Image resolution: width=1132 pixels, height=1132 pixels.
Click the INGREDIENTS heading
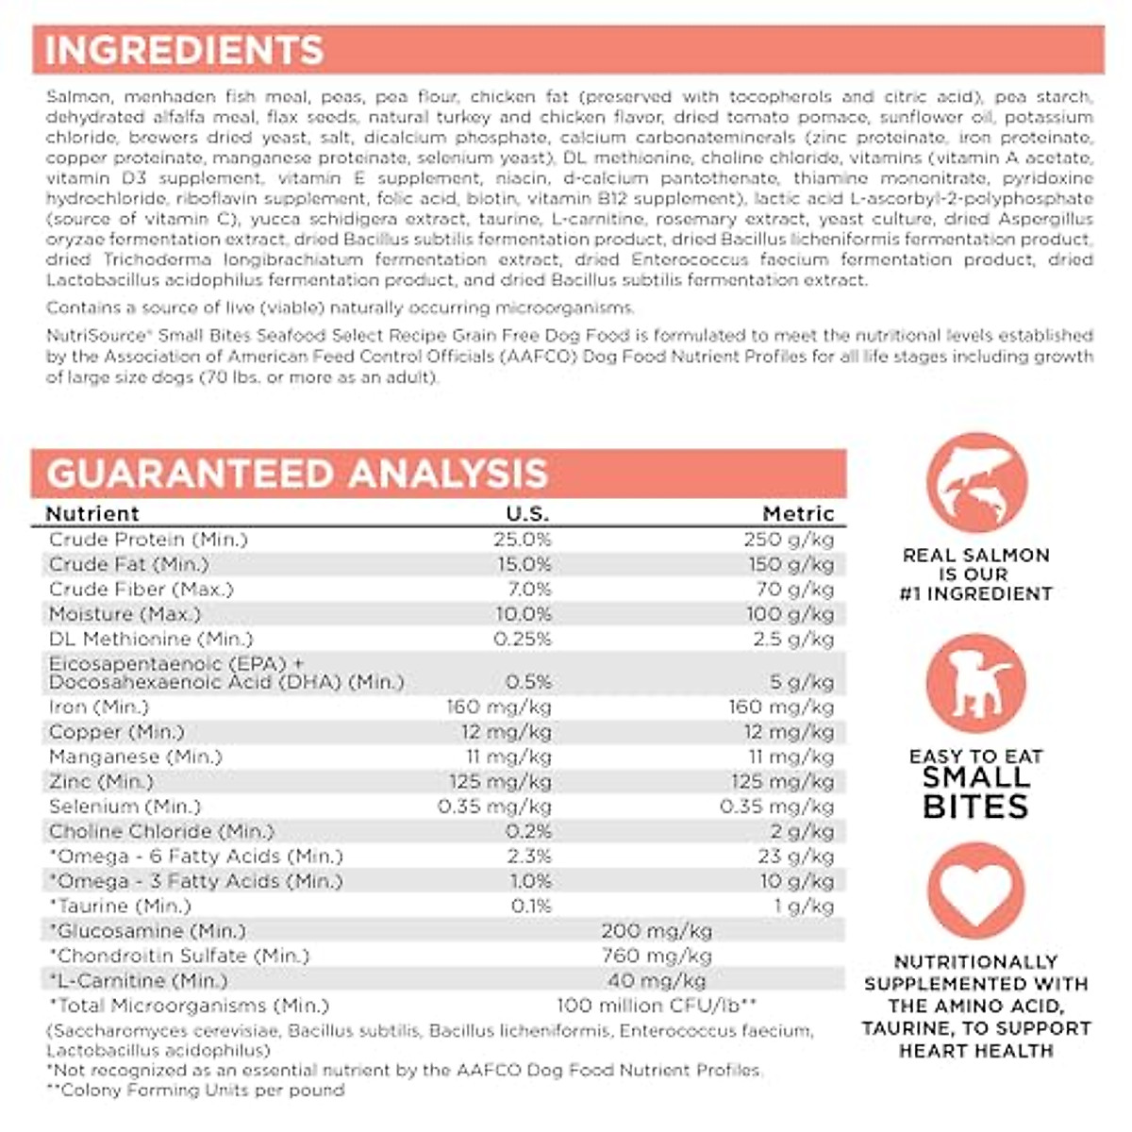(x=185, y=50)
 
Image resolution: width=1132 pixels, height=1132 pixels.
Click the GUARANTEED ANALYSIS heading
(x=297, y=474)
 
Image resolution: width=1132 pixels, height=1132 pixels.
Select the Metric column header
(x=798, y=514)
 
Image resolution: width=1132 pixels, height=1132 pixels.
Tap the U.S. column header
(x=527, y=514)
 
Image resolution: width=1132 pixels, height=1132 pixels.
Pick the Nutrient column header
(x=92, y=514)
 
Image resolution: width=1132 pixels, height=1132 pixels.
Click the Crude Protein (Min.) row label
(x=148, y=540)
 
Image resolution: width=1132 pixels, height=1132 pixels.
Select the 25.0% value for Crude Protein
(x=522, y=540)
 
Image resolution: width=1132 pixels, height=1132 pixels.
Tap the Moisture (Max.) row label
(x=125, y=614)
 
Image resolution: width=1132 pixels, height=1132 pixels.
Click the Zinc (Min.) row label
(x=101, y=782)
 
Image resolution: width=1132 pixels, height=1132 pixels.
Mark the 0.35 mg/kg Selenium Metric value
(x=776, y=807)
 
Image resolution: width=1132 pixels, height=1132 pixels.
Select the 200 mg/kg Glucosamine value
(x=657, y=931)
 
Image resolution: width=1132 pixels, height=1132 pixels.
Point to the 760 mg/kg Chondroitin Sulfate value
(x=657, y=956)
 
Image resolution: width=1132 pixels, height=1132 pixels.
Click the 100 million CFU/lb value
(x=657, y=1006)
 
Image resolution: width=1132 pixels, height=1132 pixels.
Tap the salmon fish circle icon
(x=975, y=482)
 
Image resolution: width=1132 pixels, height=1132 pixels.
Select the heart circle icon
(x=975, y=891)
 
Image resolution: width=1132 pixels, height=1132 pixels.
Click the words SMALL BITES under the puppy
(x=975, y=792)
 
